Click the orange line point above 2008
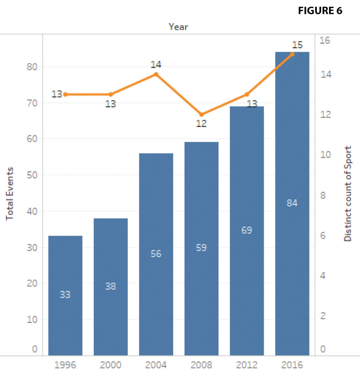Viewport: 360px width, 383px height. (202, 114)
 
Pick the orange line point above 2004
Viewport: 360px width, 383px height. (156, 74)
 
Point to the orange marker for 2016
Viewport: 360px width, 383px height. (292, 54)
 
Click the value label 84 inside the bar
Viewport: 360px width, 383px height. (292, 203)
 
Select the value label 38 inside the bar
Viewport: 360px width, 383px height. (111, 286)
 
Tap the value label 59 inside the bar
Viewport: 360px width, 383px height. (201, 248)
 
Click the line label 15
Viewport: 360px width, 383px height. (297, 45)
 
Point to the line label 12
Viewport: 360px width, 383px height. (201, 124)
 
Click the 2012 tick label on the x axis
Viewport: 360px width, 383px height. (247, 365)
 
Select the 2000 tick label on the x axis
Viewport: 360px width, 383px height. (111, 365)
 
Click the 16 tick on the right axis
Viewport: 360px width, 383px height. (325, 40)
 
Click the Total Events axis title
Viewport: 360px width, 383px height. (10, 193)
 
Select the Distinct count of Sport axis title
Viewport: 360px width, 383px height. (347, 193)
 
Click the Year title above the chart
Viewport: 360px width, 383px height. (178, 27)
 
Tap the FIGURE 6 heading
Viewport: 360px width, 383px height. (320, 11)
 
